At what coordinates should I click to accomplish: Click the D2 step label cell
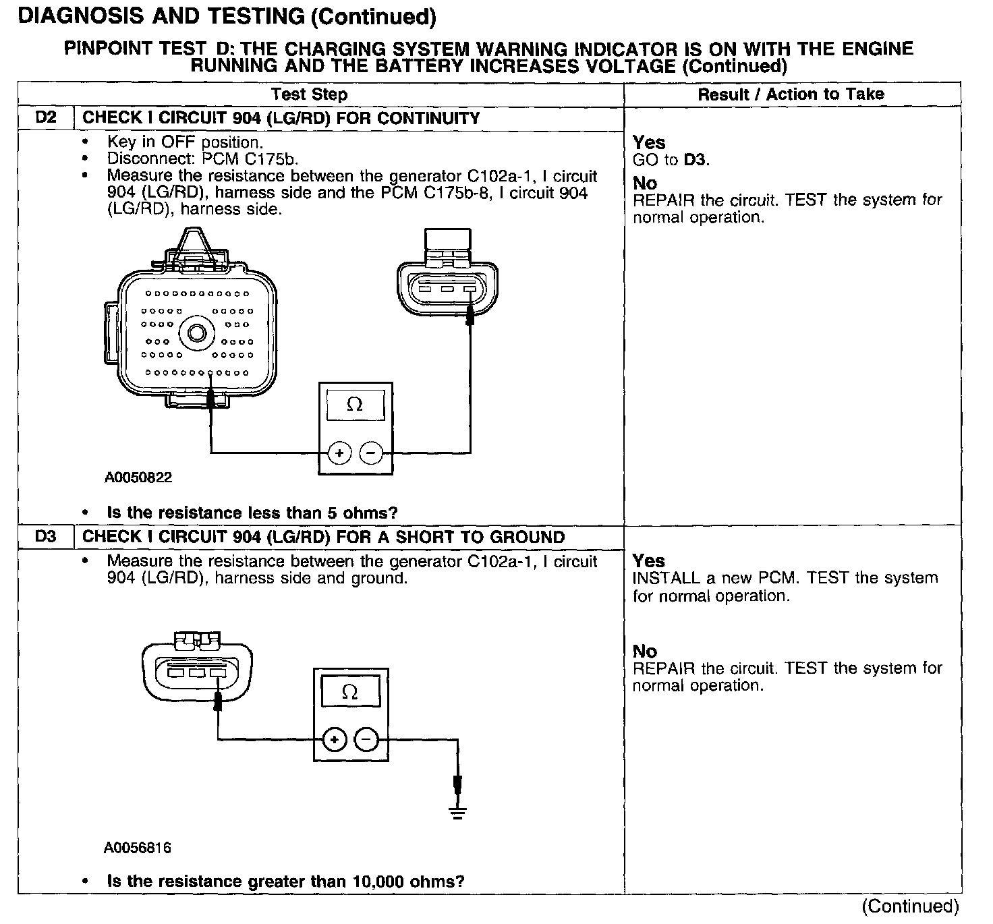(x=45, y=118)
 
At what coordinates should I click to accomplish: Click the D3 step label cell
(x=45, y=538)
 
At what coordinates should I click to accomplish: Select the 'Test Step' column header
(x=309, y=94)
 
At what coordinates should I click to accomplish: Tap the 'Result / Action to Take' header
(x=791, y=94)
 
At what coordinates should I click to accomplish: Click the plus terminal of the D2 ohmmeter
(x=339, y=453)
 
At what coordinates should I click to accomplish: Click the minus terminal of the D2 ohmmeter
(x=370, y=453)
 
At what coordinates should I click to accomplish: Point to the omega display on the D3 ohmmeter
(x=350, y=692)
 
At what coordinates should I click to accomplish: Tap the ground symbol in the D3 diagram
(x=458, y=811)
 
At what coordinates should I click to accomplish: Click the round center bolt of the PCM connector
(x=197, y=333)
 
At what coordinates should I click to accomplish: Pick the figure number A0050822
(x=138, y=478)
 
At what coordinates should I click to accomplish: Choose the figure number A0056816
(x=138, y=848)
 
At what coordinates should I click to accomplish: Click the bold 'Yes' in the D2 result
(x=649, y=143)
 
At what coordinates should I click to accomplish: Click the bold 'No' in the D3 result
(x=645, y=652)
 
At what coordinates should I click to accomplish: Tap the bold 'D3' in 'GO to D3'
(x=696, y=161)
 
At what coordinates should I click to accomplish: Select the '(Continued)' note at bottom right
(x=910, y=906)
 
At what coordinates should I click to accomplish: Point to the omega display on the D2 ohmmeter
(x=355, y=405)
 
